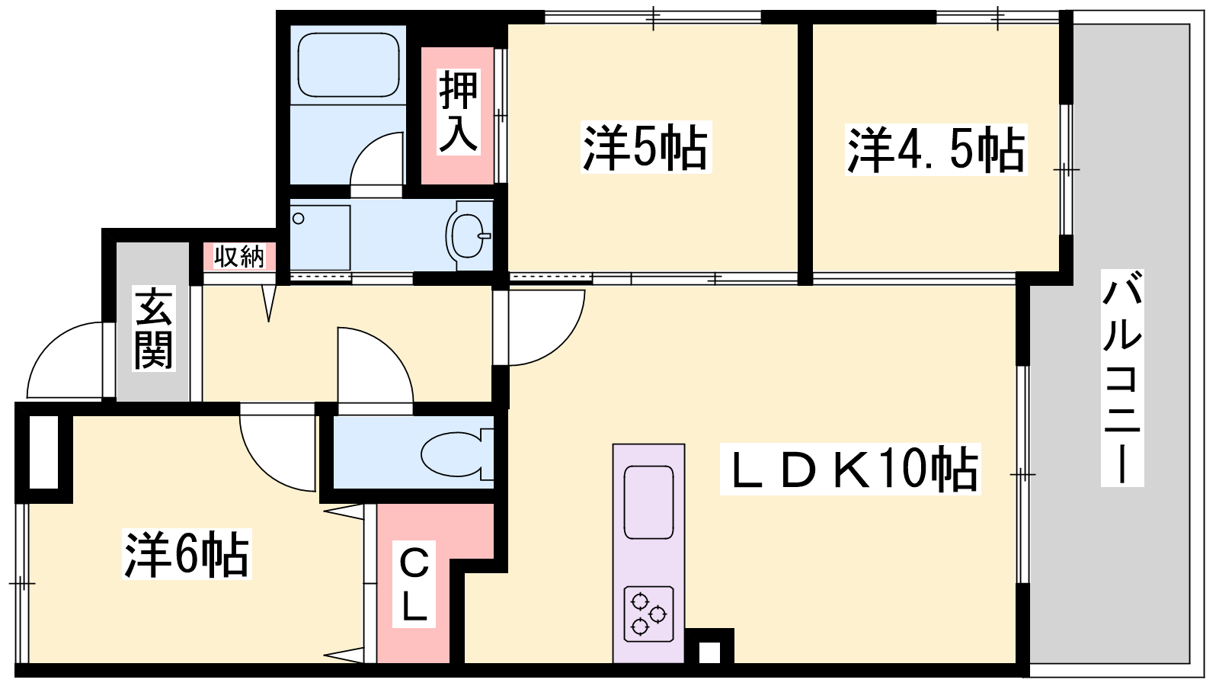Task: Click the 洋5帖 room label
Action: pos(646,148)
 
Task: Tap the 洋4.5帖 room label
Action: pos(936,149)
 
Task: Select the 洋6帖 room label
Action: pos(187,553)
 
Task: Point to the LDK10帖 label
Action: pos(850,470)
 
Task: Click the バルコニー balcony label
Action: pos(1122,378)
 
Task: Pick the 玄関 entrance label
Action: pos(153,329)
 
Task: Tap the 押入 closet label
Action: pos(458,112)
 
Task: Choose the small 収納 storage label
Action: pos(239,256)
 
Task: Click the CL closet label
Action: pos(414,584)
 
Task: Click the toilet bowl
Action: pos(456,454)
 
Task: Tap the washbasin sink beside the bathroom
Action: pos(468,236)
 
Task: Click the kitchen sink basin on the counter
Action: pos(648,502)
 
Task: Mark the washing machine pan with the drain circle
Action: pos(320,237)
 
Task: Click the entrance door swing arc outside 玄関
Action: pos(66,361)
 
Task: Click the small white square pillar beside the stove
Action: pos(709,652)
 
